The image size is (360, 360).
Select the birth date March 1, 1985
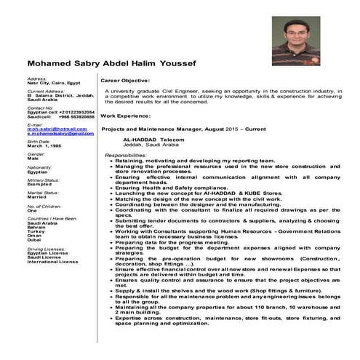45,145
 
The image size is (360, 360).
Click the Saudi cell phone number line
49,116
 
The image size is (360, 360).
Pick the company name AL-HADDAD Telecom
154,138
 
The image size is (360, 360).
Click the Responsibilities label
126,155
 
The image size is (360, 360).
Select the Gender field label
36,153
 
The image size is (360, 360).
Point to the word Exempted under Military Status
41,183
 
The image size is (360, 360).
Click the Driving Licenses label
45,249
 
